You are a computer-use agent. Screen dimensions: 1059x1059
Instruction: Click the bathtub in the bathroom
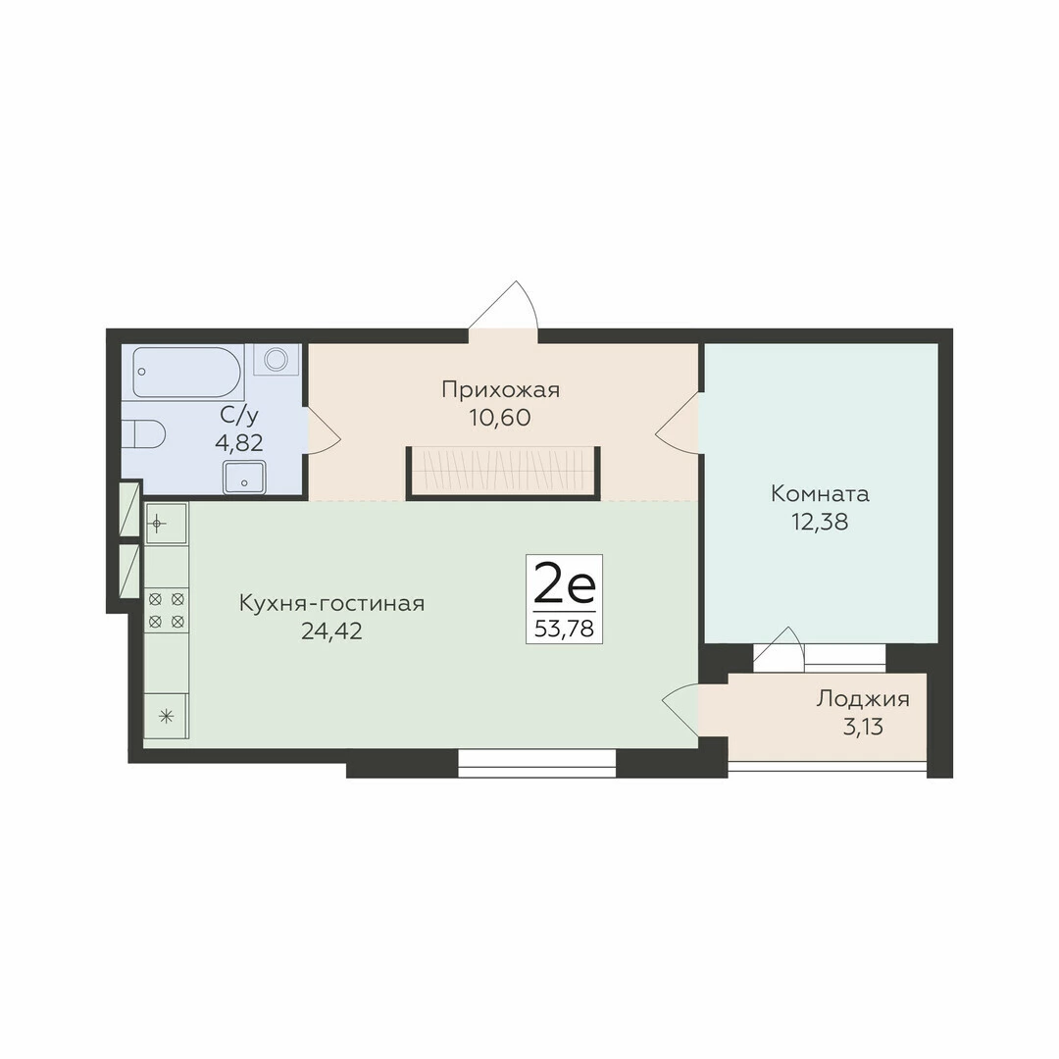(187, 373)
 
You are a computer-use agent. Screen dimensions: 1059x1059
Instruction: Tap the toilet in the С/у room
(144, 433)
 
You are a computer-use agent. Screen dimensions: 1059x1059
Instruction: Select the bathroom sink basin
(244, 477)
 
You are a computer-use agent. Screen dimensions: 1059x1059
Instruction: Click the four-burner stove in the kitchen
(167, 610)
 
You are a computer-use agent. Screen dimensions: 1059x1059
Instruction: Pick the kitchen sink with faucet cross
(166, 524)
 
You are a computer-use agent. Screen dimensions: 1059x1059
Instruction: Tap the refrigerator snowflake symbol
(166, 716)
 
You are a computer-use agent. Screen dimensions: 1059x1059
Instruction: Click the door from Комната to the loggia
(779, 648)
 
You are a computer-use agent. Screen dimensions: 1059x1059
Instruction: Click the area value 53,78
(564, 629)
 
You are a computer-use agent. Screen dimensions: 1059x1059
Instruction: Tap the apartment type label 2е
(565, 584)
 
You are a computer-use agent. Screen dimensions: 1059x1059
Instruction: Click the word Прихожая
(500, 389)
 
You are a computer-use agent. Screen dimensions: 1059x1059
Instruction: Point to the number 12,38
(820, 522)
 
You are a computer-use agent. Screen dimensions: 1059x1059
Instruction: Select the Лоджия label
(863, 698)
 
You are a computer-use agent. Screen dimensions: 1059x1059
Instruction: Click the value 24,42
(331, 630)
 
